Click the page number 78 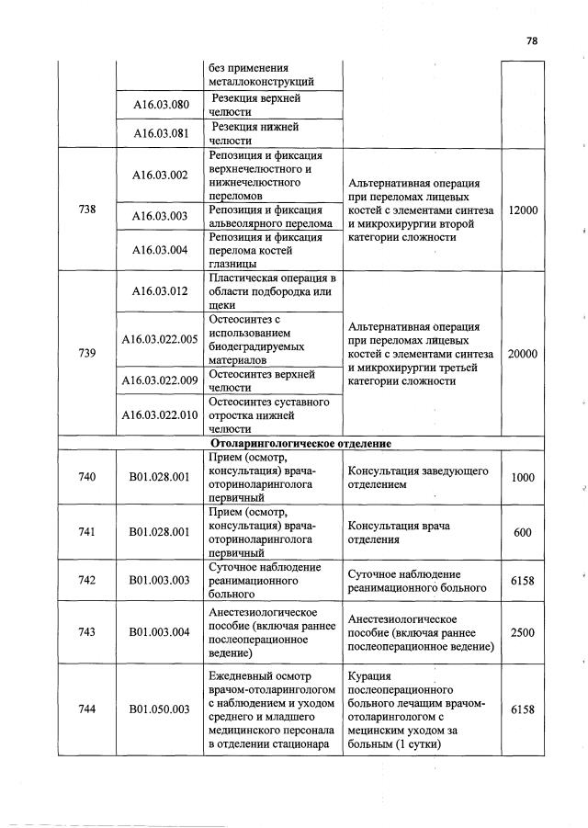532,40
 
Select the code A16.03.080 160,104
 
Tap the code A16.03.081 160,133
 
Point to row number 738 87,210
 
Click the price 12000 523,210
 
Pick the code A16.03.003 160,216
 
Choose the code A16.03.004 160,249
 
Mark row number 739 87,354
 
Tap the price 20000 523,354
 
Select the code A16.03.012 160,291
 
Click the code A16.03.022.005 160,339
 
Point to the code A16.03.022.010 160,414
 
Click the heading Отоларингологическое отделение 295,443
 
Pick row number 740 87,477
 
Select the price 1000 523,478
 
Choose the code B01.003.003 160,580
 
